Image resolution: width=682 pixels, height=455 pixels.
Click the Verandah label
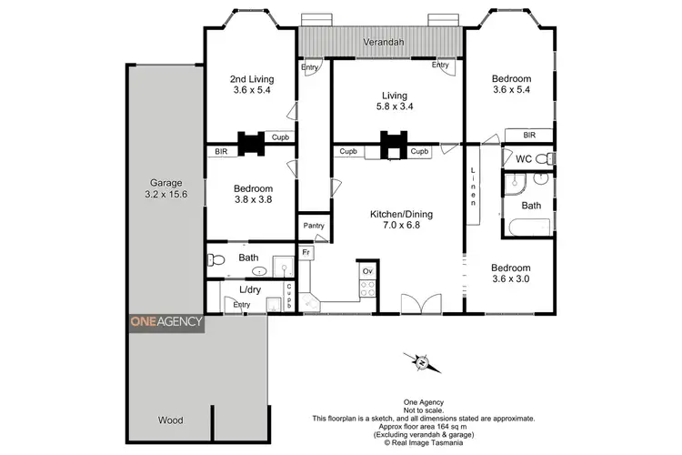coord(382,43)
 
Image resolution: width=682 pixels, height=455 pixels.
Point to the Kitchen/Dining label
coord(395,220)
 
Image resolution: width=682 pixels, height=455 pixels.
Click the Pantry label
coord(313,225)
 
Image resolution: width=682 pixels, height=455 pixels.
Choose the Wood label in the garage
coord(170,420)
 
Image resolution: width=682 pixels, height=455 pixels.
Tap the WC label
coord(523,159)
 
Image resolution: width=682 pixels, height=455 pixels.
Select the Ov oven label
coord(368,271)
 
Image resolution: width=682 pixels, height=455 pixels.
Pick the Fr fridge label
coord(306,251)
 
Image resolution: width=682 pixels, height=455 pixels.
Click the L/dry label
coord(250,290)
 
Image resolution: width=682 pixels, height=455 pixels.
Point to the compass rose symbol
coord(421,363)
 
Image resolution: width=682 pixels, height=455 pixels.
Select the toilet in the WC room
coord(543,159)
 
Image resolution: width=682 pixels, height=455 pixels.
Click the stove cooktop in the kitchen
coord(369,290)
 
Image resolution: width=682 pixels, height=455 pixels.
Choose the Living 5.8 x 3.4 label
coord(395,101)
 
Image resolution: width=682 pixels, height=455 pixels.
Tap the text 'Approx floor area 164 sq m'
coord(424,426)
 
